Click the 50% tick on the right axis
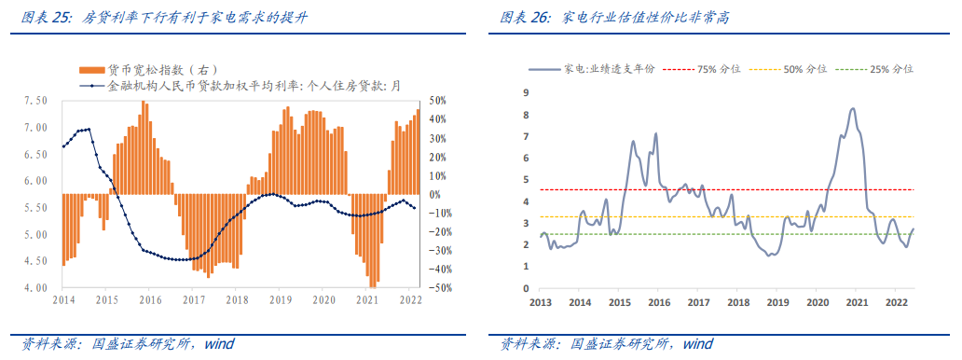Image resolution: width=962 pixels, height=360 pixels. click(438, 101)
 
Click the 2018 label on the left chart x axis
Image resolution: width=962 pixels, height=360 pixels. click(237, 300)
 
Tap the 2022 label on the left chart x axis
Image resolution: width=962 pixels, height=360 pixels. click(411, 300)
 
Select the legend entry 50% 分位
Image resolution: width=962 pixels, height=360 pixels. click(804, 69)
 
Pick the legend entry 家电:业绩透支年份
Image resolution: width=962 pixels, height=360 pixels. click(610, 69)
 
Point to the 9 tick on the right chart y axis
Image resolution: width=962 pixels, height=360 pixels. click(527, 92)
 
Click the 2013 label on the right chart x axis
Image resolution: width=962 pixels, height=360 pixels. click(541, 303)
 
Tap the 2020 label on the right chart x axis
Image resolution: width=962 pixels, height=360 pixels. click(818, 303)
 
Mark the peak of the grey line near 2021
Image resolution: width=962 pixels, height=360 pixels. click(853, 109)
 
